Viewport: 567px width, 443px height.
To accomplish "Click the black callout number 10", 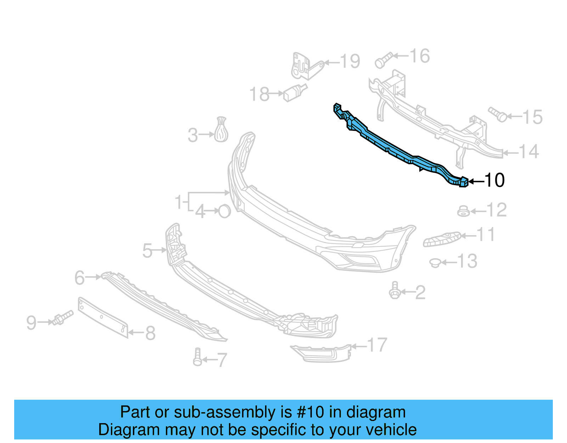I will (x=494, y=181).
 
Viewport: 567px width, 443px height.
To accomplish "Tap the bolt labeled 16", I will (x=383, y=61).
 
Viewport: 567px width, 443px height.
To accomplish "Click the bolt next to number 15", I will (x=498, y=114).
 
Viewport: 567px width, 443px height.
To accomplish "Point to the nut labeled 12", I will (x=463, y=211).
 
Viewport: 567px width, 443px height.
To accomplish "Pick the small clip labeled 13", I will (x=435, y=263).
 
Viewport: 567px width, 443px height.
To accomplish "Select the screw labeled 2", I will (x=394, y=291).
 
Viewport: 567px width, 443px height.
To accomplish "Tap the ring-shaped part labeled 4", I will (x=224, y=211).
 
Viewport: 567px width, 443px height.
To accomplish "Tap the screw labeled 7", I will (x=197, y=357).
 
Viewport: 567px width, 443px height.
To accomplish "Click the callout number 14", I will (x=529, y=152).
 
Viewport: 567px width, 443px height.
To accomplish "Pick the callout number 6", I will (x=80, y=278).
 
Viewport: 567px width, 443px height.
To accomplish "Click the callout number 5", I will (x=147, y=251).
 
